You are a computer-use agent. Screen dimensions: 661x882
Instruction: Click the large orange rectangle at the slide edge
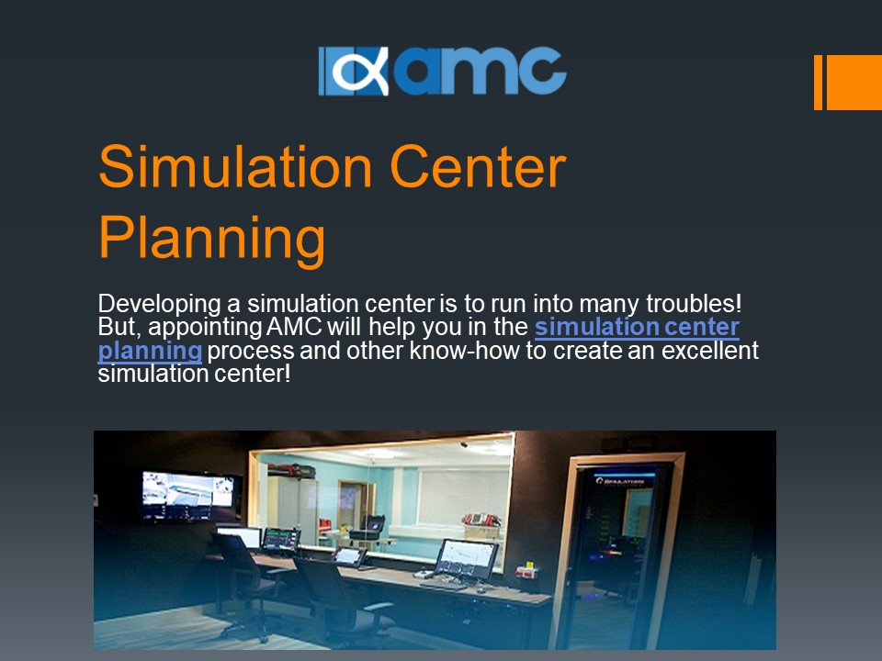click(854, 82)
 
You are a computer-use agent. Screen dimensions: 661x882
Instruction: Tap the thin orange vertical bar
click(818, 82)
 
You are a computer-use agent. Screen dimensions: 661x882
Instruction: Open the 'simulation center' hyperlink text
click(637, 327)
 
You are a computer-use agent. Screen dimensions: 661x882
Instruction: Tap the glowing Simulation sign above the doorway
click(625, 480)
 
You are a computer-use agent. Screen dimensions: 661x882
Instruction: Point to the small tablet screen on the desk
click(350, 555)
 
